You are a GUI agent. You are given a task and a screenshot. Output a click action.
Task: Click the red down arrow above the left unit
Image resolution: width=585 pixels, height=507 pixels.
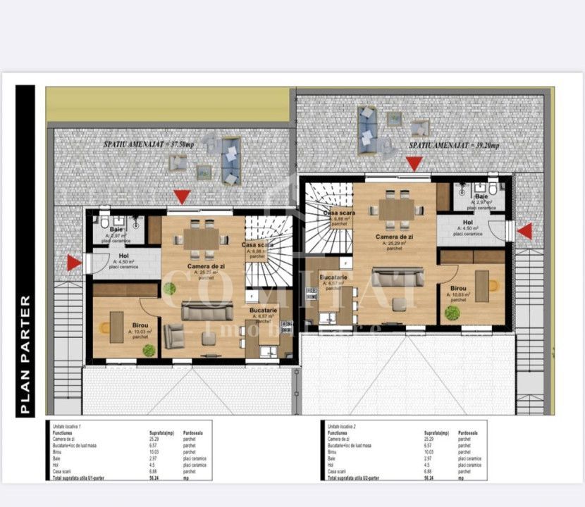coord(182,196)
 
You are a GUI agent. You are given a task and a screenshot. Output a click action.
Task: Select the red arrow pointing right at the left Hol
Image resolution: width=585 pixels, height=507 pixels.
coord(74,263)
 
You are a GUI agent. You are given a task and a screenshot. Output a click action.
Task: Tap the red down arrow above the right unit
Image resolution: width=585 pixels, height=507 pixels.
coord(414,163)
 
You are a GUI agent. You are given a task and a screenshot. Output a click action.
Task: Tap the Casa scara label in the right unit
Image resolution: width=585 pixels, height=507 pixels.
coord(339,213)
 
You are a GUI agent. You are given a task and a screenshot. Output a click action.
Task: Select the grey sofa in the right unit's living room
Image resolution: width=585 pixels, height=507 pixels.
coord(398,277)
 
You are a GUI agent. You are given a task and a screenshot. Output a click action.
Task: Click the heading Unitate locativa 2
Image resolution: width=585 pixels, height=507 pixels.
coord(344,425)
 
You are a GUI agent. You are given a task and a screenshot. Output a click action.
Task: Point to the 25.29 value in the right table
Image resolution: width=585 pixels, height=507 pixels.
coord(429,439)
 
